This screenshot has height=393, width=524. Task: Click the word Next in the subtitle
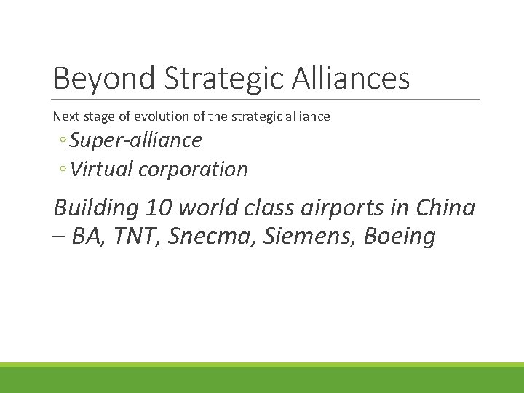64,116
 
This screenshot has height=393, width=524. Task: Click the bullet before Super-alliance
64,140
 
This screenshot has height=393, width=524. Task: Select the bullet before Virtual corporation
64,170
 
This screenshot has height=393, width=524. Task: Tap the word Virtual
102,169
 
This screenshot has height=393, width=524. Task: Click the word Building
96,208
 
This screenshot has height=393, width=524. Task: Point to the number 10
159,208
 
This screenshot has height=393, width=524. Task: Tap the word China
445,208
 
